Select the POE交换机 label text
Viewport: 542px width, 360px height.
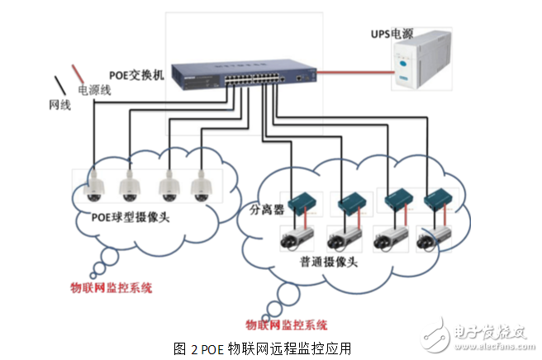pyautogui.click(x=136, y=73)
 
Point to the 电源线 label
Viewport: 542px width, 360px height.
pyautogui.click(x=93, y=88)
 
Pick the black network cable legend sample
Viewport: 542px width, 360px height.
pyautogui.click(x=61, y=85)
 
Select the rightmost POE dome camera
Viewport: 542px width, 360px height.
pyautogui.click(x=199, y=187)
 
